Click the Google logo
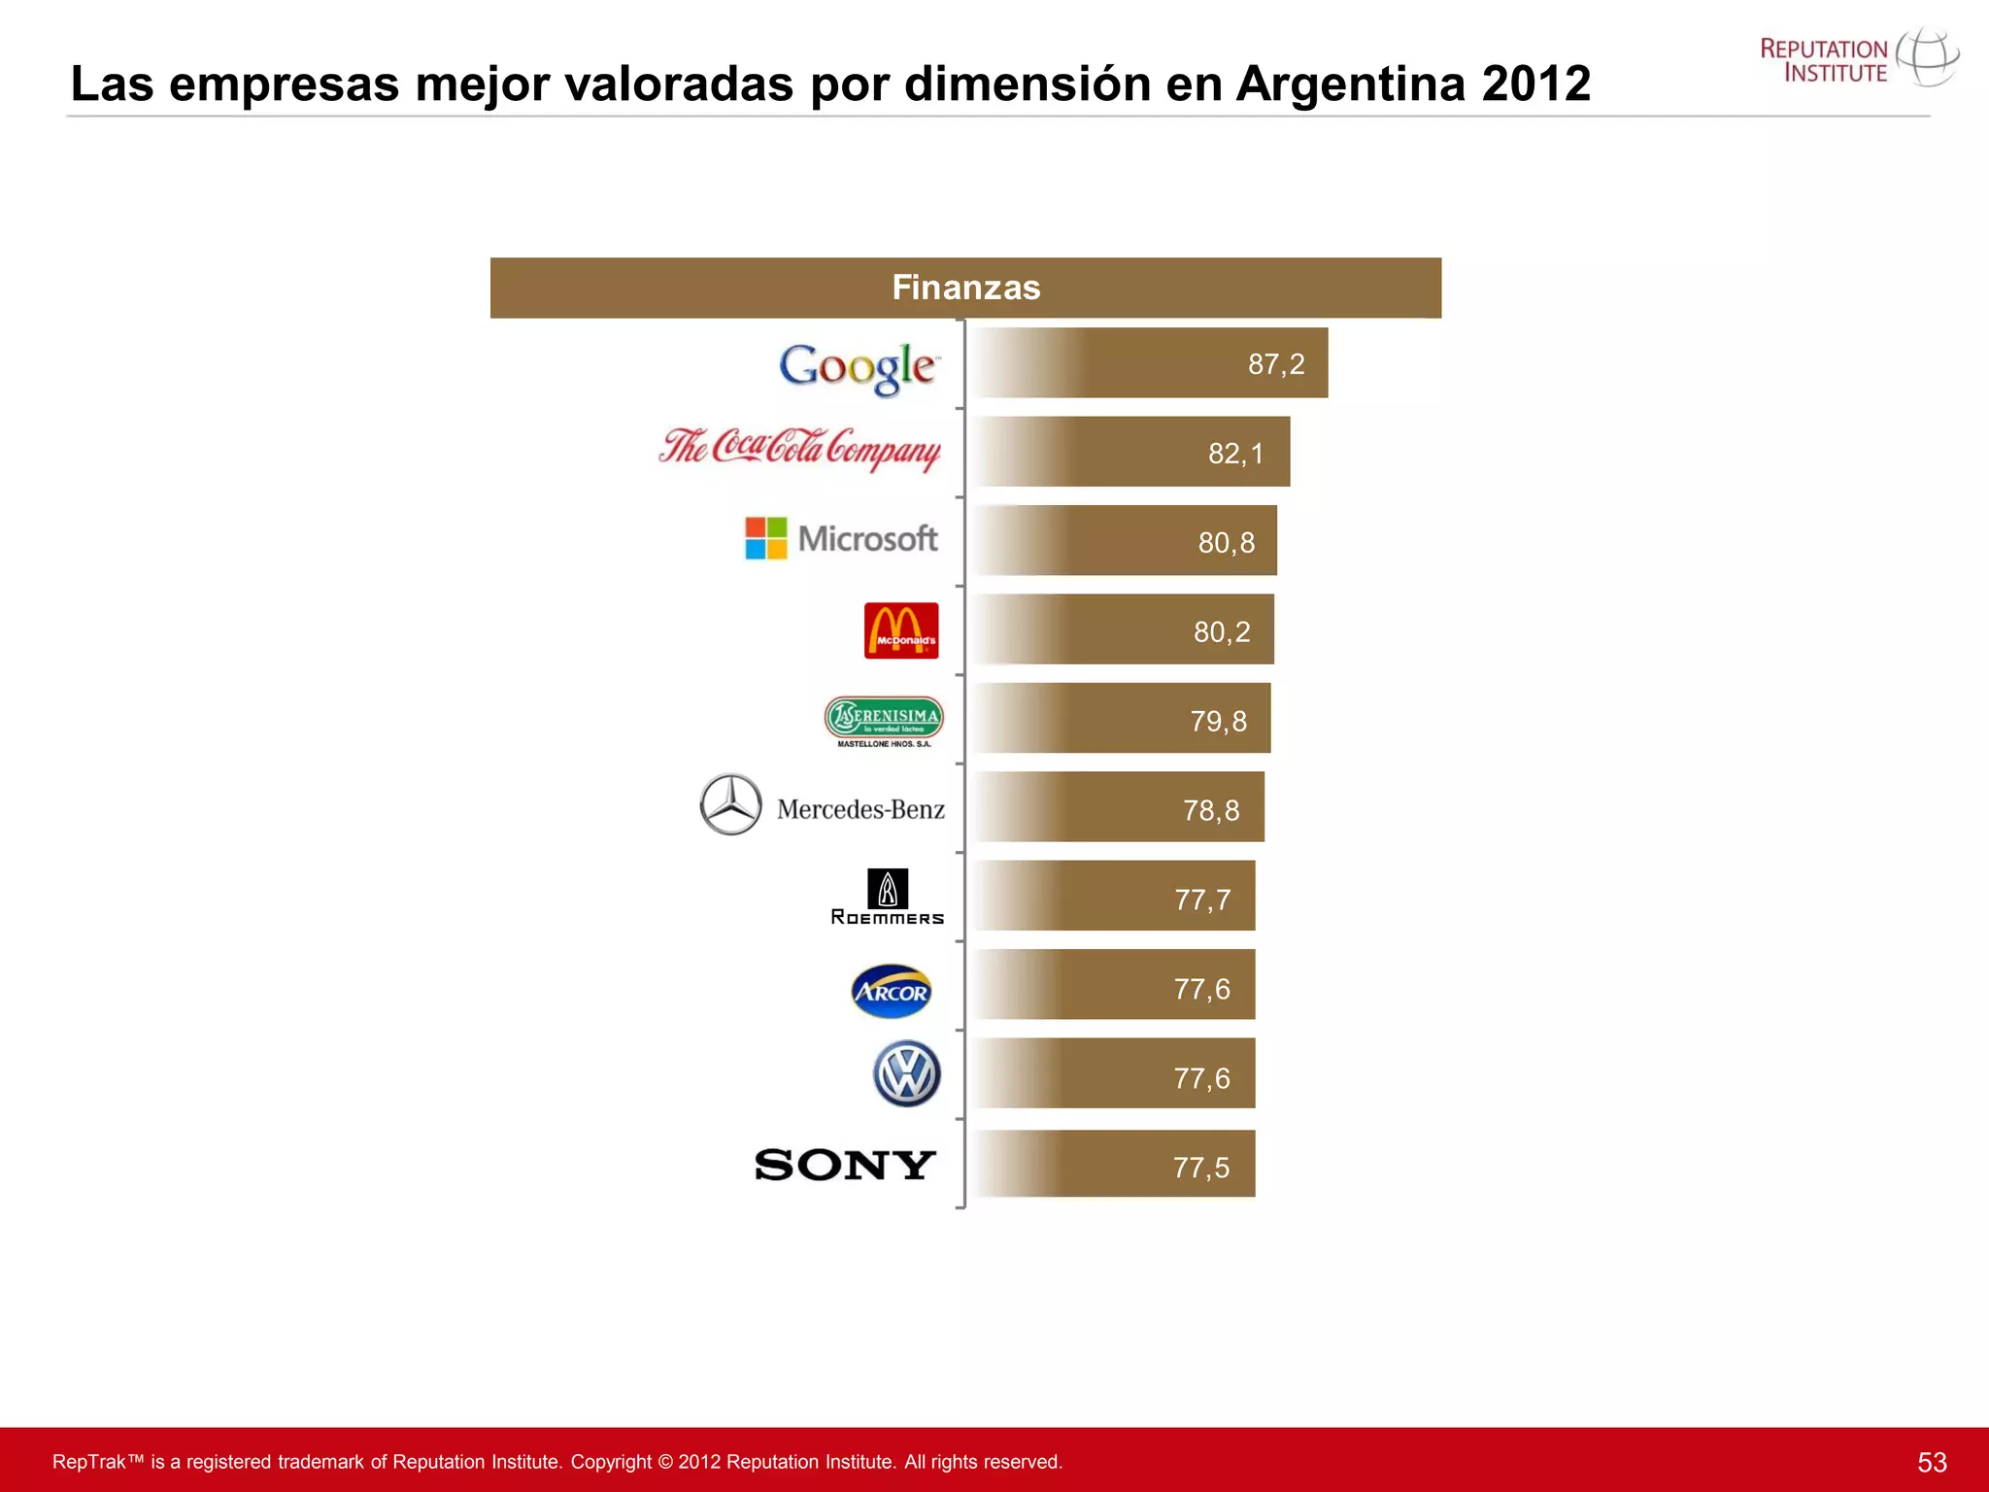858,367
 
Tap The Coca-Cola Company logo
799,449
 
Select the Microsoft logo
841,538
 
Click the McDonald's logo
901,630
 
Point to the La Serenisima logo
884,721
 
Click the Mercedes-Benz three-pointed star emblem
730,804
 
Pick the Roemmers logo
887,897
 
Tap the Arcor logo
891,991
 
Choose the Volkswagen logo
907,1074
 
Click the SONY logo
845,1165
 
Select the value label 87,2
1276,364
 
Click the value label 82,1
1236,454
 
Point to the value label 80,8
1227,543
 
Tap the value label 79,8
1219,722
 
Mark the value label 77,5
1201,1168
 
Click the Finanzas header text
966,288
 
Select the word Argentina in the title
1351,84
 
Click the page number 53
1932,1462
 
